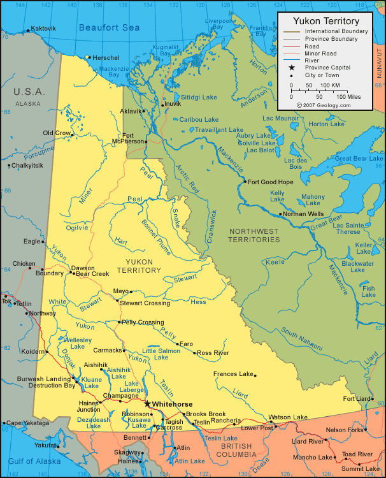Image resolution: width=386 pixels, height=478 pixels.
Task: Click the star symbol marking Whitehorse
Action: (148, 403)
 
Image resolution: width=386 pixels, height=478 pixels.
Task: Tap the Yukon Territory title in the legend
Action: (325, 21)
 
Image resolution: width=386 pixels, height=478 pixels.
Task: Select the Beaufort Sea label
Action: (109, 27)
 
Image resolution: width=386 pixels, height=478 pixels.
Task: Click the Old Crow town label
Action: (57, 133)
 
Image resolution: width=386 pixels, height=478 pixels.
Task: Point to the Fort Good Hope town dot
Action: (244, 182)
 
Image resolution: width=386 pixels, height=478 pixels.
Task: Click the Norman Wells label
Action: (304, 214)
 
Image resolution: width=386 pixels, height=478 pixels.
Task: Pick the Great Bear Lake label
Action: (361, 158)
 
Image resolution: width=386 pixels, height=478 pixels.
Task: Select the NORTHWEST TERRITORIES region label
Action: (255, 235)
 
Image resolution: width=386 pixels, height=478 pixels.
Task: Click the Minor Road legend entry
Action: (320, 54)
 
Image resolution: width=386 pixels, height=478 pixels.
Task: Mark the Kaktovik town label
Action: (43, 29)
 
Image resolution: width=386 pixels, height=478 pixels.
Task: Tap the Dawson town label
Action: (82, 268)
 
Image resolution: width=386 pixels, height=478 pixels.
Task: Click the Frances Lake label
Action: (233, 374)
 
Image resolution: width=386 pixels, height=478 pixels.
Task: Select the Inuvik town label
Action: (172, 103)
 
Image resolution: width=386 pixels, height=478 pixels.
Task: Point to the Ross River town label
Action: (213, 352)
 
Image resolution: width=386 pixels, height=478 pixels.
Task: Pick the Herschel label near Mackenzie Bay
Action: (106, 57)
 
